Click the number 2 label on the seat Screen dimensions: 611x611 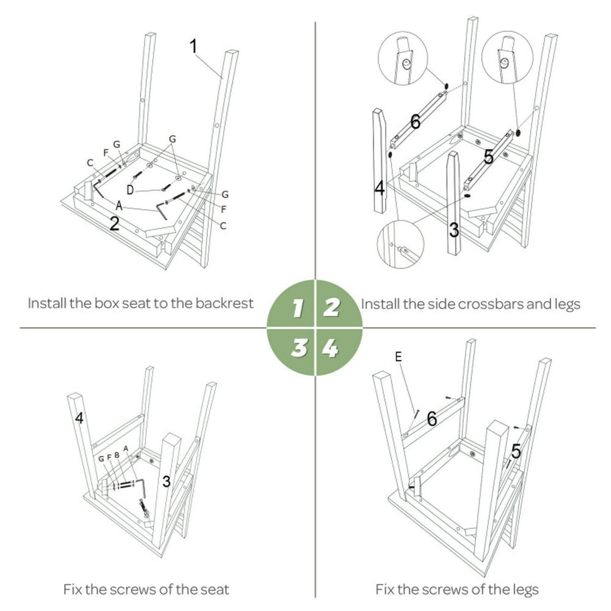(114, 224)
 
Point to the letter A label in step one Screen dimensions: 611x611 (119, 207)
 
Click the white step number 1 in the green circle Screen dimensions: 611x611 (298, 308)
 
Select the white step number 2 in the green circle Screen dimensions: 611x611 (331, 307)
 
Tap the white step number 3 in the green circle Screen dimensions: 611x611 (299, 348)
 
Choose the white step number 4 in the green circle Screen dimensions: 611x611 (331, 348)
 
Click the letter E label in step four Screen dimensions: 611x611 (398, 357)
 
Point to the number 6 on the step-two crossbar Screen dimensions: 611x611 (415, 122)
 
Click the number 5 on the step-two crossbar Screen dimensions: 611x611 (488, 157)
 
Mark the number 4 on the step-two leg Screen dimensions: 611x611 (379, 188)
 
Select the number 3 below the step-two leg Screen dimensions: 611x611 (454, 230)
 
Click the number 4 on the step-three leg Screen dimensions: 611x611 (79, 419)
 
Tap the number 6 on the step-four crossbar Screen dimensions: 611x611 (431, 419)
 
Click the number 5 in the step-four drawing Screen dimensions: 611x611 (516, 452)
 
